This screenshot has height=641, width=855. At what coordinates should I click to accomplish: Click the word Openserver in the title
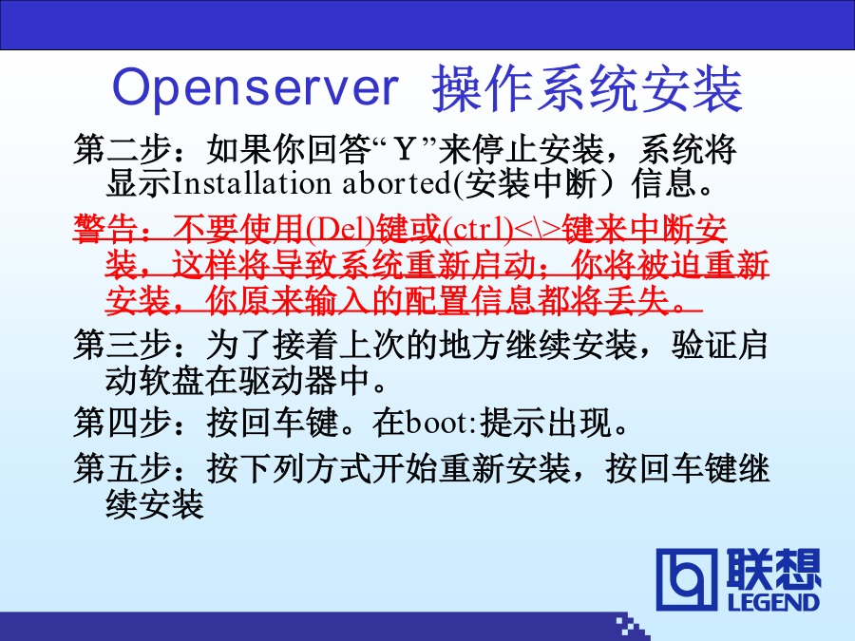tap(256, 88)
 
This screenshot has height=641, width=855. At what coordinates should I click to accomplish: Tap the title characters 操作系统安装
tap(587, 89)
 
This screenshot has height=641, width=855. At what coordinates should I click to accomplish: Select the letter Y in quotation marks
tap(405, 149)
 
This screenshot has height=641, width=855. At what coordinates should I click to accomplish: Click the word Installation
tap(252, 183)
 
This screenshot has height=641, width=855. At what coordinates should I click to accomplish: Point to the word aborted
tap(396, 183)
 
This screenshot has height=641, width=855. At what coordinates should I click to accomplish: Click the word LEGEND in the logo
tap(773, 602)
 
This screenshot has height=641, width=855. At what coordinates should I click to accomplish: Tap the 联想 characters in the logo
tap(773, 569)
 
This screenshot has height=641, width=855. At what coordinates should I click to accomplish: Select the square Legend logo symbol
tap(687, 579)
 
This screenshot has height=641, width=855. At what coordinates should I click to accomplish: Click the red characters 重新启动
tap(471, 265)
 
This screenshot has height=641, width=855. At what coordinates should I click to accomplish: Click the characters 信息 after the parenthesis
tap(664, 183)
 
